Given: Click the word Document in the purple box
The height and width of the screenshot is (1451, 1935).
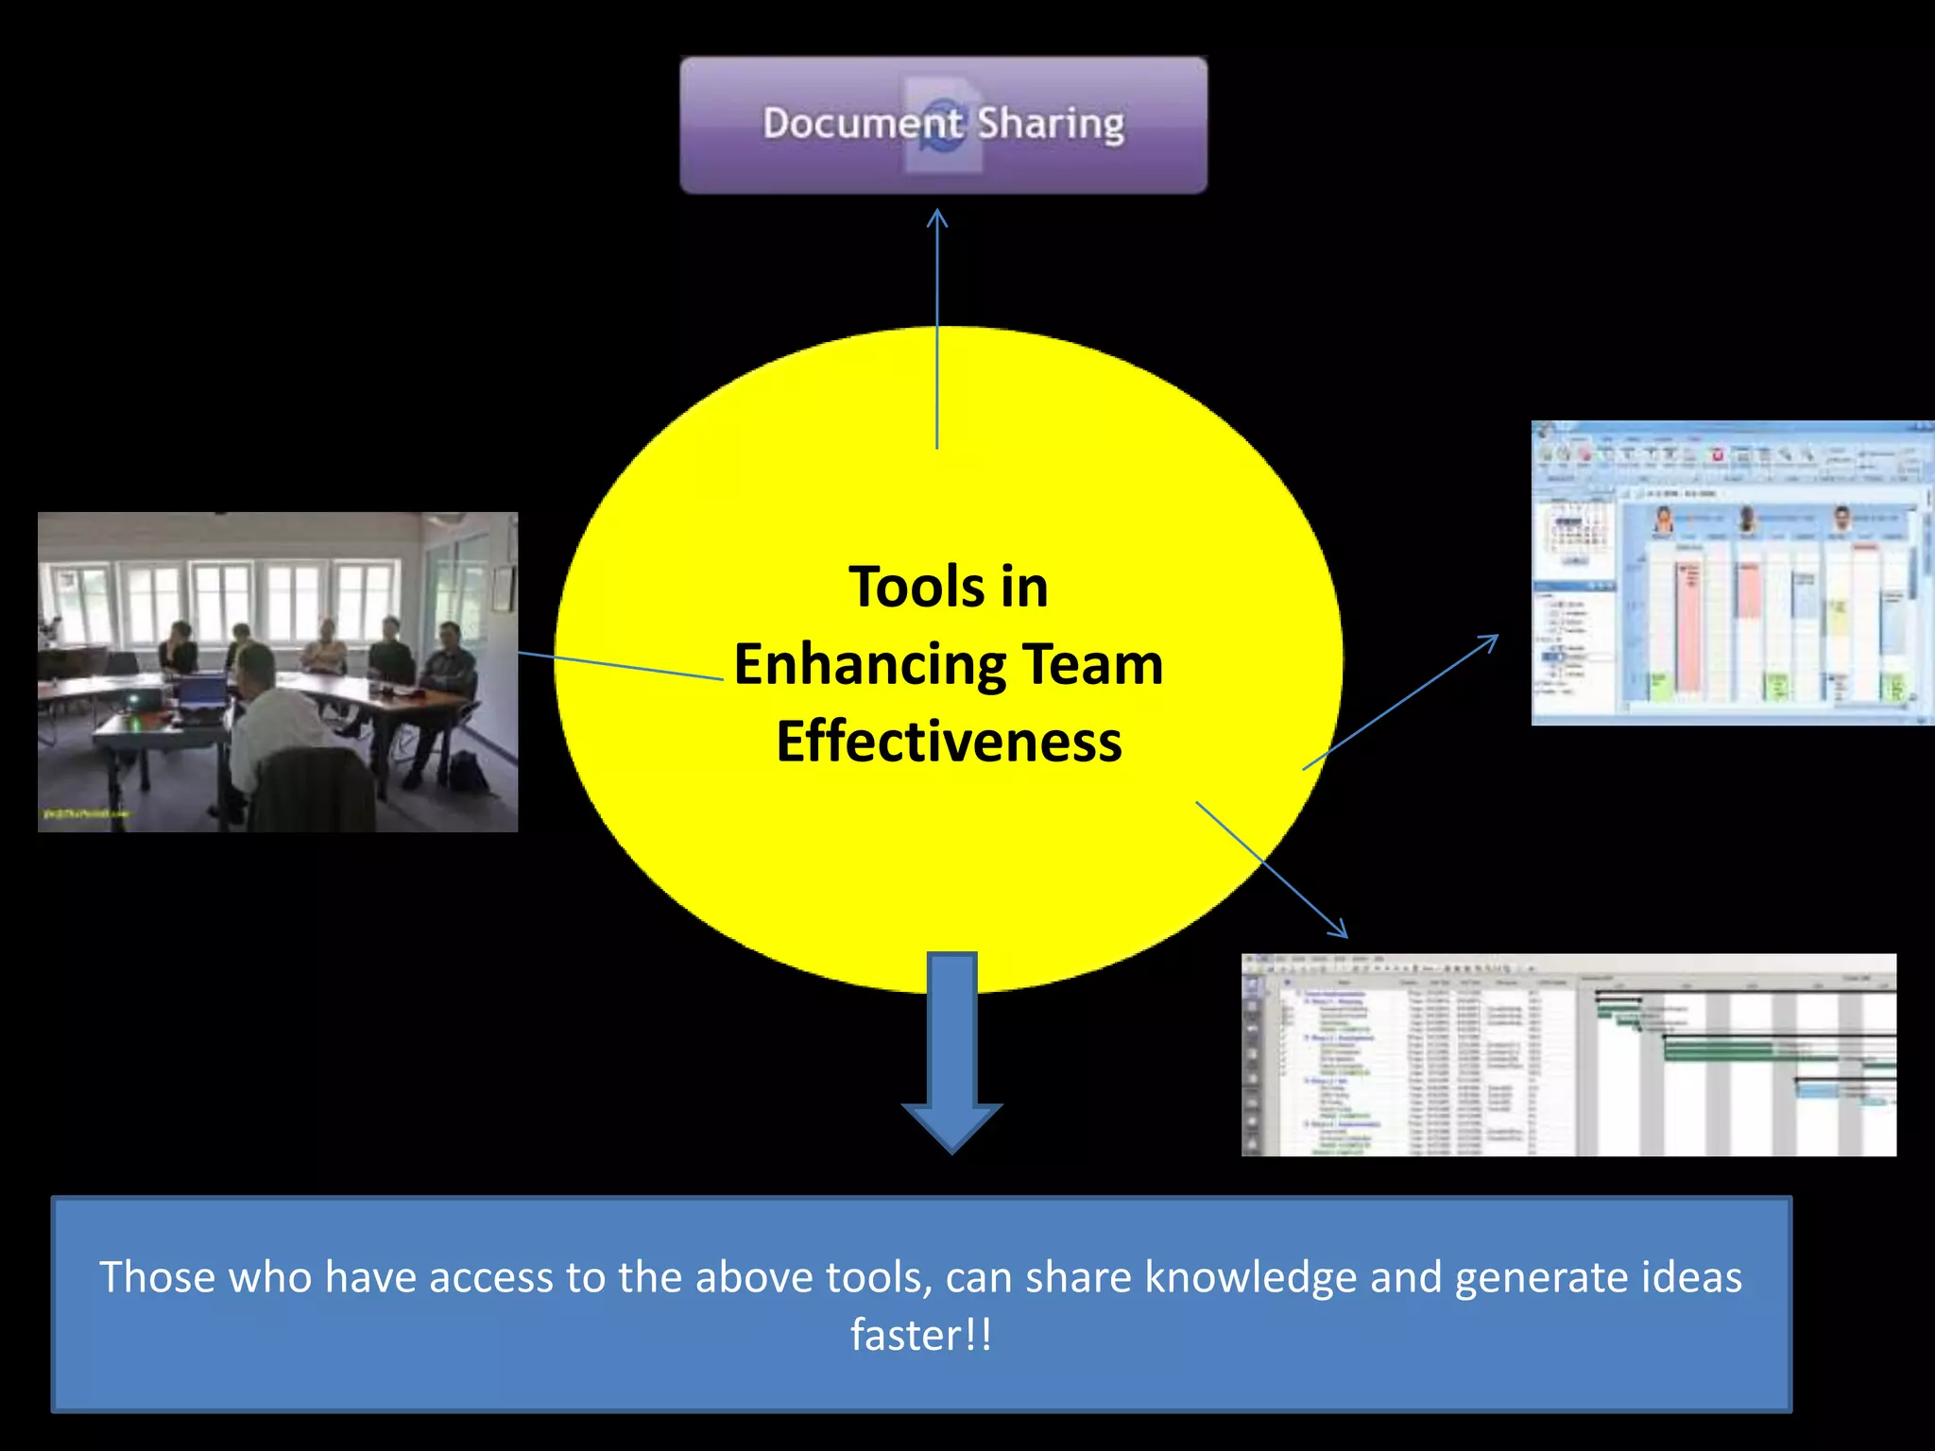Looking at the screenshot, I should point(862,124).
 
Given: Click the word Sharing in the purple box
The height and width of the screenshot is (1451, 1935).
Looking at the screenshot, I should point(1051,124).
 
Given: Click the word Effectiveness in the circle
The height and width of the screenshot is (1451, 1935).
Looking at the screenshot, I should point(949,742).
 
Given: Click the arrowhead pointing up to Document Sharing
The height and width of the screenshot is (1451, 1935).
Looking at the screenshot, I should point(936,218).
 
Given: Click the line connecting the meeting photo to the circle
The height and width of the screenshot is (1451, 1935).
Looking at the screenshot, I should point(619,665).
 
